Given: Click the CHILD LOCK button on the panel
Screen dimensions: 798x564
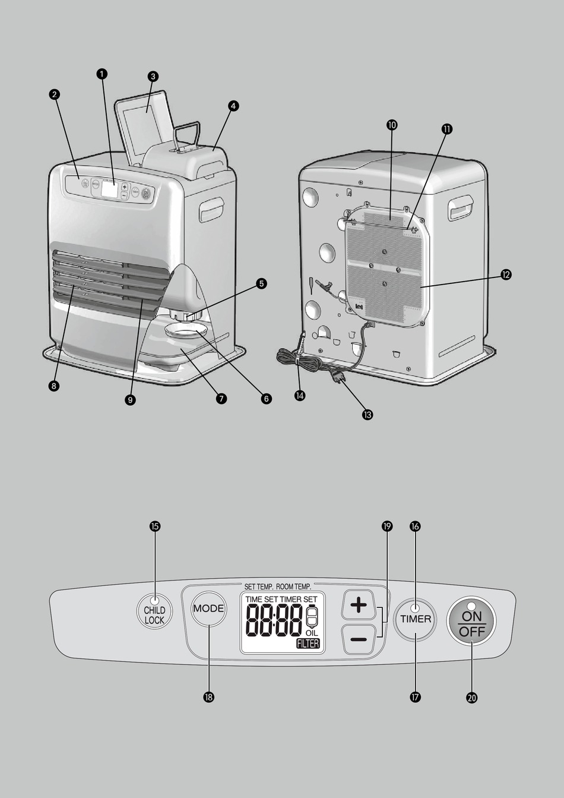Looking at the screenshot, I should pyautogui.click(x=154, y=614).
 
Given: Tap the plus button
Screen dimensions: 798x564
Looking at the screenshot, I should pyautogui.click(x=359, y=605).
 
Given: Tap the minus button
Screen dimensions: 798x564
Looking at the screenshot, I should pyautogui.click(x=359, y=639).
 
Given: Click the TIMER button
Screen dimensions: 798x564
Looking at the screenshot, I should pyautogui.click(x=415, y=619).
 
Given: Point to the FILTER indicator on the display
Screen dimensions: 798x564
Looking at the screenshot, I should pyautogui.click(x=308, y=644).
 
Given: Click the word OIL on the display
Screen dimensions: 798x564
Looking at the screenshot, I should pyautogui.click(x=312, y=633).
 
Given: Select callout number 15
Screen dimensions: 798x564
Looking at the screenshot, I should pyautogui.click(x=155, y=526).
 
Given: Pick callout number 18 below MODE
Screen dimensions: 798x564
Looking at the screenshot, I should pyautogui.click(x=208, y=697).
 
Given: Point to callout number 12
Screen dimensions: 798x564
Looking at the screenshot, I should pyautogui.click(x=506, y=275).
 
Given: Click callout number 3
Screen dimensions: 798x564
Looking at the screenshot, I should pyautogui.click(x=153, y=76).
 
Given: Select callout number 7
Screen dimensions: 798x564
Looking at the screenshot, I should pyautogui.click(x=221, y=399).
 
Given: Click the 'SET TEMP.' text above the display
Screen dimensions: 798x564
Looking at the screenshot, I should pyautogui.click(x=259, y=586).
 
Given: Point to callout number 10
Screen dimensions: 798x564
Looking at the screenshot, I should pyautogui.click(x=391, y=125).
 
